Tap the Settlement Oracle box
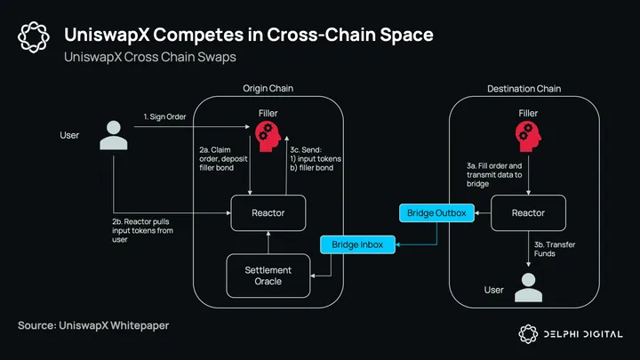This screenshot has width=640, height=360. pyautogui.click(x=268, y=276)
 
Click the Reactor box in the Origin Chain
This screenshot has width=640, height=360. pyautogui.click(x=268, y=213)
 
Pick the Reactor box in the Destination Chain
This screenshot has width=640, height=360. pyautogui.click(x=528, y=213)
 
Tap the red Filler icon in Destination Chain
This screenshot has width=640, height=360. pyautogui.click(x=528, y=135)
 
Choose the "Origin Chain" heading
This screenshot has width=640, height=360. pyautogui.click(x=268, y=89)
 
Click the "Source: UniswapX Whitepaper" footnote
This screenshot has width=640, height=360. pyautogui.click(x=93, y=326)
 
